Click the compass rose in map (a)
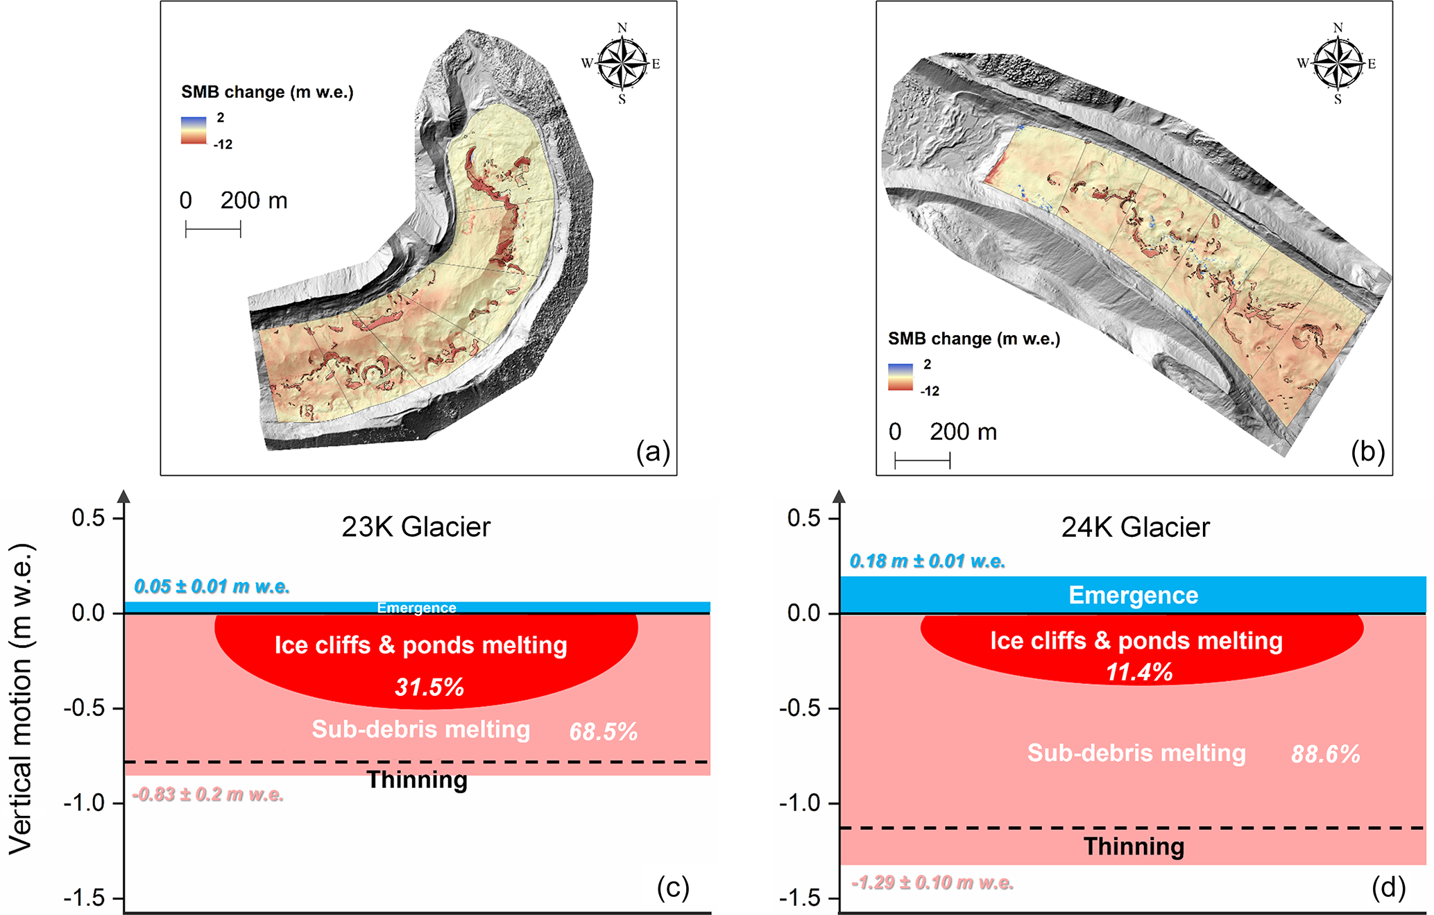click(622, 64)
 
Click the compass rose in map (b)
click(1338, 64)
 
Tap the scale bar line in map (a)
click(213, 229)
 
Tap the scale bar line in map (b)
click(922, 461)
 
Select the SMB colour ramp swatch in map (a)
click(194, 130)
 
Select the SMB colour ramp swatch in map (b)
click(900, 377)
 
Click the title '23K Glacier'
click(416, 527)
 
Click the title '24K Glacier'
click(1135, 527)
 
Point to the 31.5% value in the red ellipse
click(429, 687)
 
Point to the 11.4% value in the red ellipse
click(1139, 672)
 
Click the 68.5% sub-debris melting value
click(603, 732)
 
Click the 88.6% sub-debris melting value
click(1325, 755)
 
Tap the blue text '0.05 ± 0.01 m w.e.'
click(212, 587)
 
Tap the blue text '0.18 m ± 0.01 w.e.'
click(927, 561)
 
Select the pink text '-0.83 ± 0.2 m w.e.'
click(208, 795)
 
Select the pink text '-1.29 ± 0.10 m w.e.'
click(932, 883)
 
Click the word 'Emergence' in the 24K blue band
click(1133, 595)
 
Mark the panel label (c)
click(673, 888)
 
